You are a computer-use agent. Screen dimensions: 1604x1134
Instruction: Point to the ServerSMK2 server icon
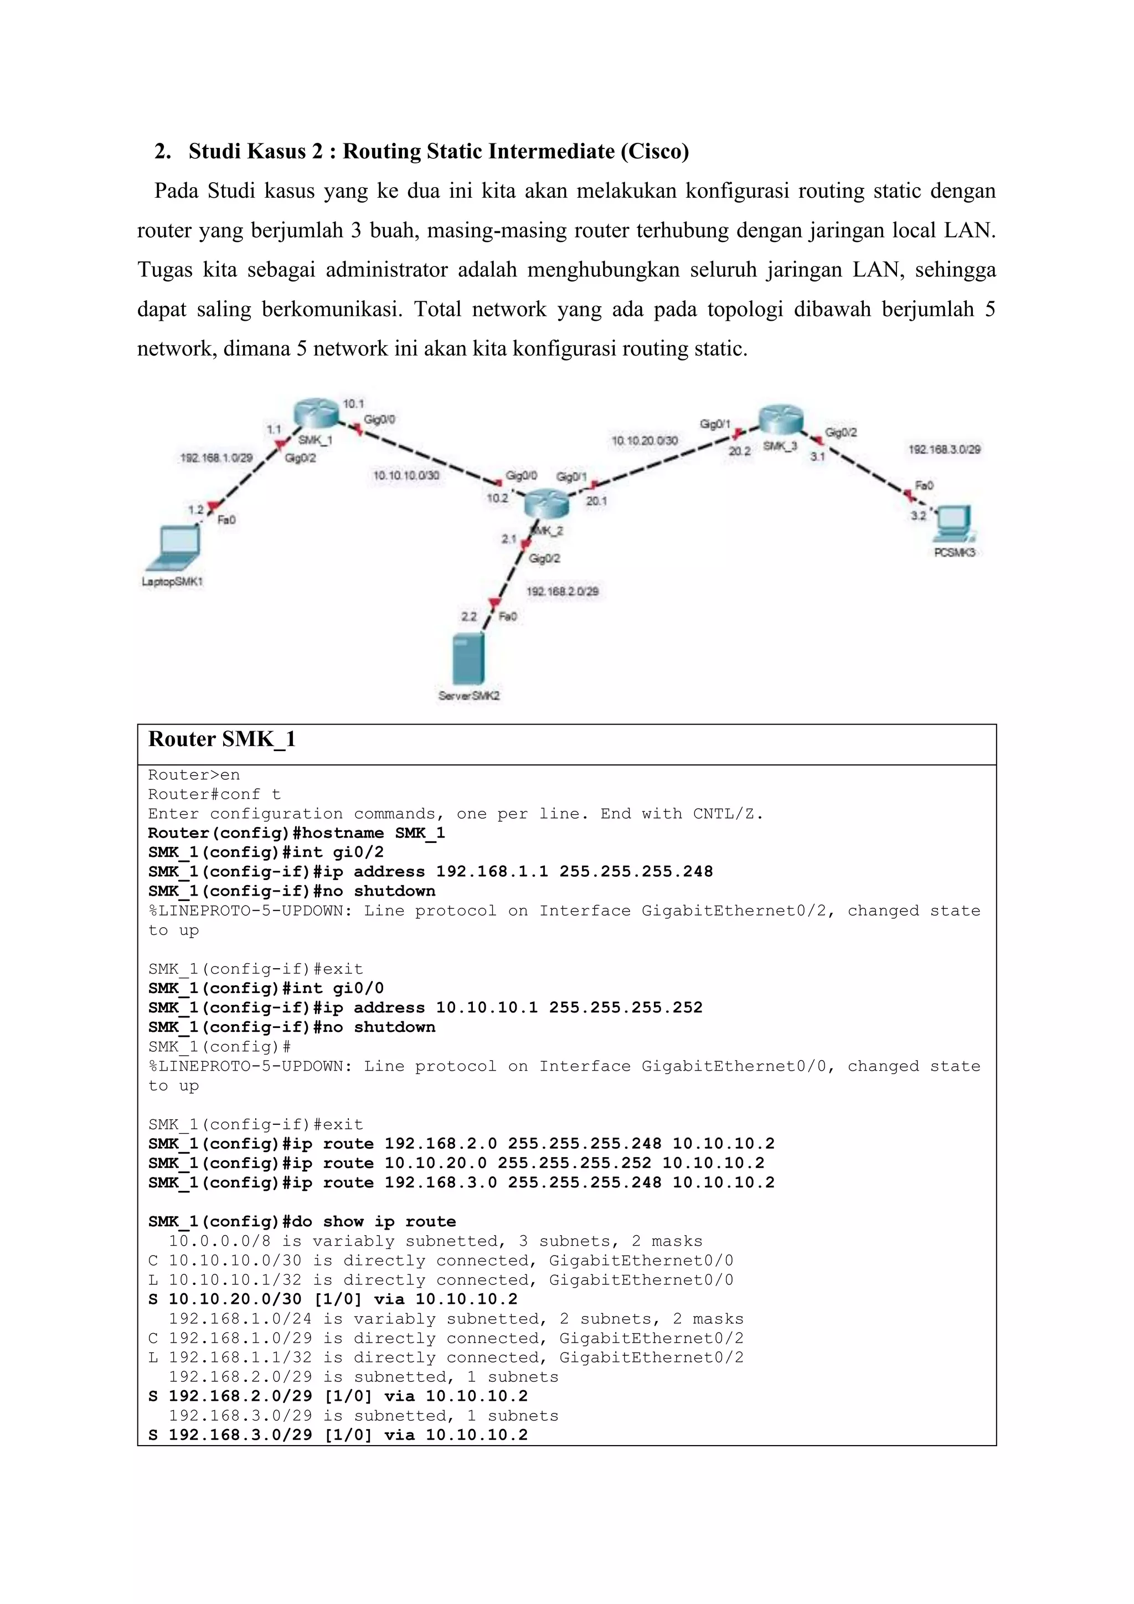click(x=467, y=659)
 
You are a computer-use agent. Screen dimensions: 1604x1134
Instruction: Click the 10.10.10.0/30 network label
click(x=406, y=475)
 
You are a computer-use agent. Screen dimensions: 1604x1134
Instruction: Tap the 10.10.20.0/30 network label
click(x=644, y=440)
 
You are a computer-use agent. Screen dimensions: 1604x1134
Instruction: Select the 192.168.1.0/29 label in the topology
click(x=216, y=457)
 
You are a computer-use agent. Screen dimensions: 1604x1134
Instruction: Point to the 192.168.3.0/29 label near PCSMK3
click(x=944, y=449)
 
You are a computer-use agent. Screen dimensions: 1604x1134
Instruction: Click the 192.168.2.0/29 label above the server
click(x=562, y=591)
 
